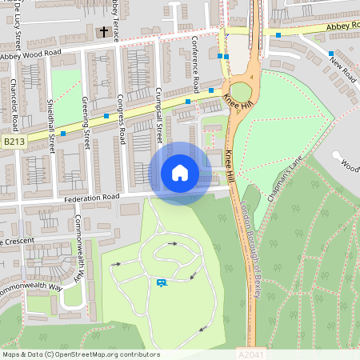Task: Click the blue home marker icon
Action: [180, 173]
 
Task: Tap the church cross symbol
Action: [103, 32]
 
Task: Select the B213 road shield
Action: [14, 142]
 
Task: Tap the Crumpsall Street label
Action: [158, 117]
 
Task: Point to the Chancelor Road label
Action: [14, 104]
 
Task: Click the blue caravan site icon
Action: [162, 282]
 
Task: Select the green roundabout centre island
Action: [241, 93]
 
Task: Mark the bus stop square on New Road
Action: [330, 54]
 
